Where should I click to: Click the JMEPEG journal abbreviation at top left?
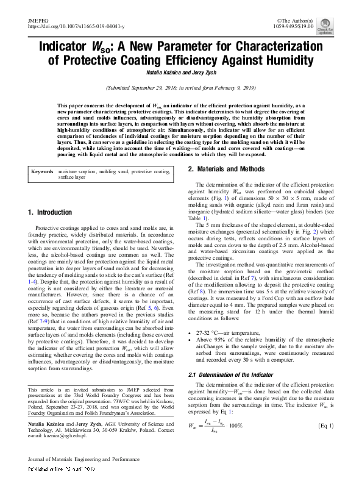(x=38, y=21)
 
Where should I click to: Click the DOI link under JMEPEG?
(x=76, y=27)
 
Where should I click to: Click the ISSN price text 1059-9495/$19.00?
(x=302, y=27)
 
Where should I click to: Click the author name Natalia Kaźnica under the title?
(x=162, y=73)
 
